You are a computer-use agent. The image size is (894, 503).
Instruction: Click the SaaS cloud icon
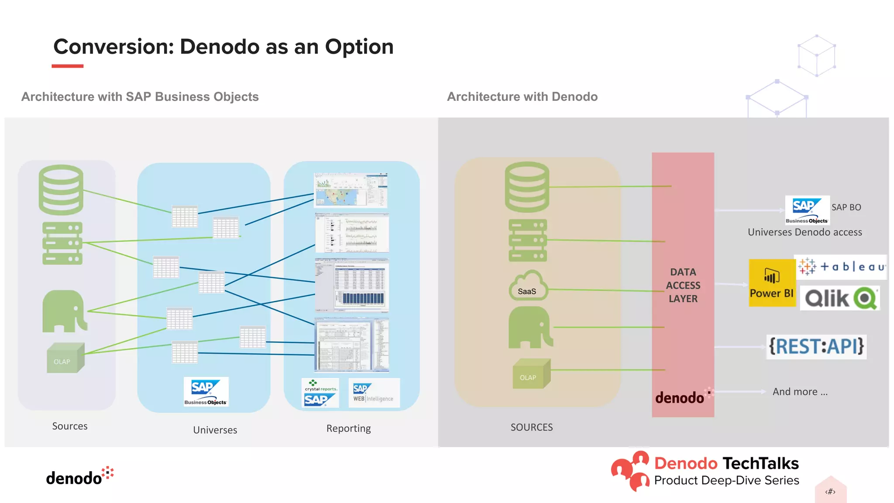point(528,286)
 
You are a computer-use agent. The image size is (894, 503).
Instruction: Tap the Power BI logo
point(772,283)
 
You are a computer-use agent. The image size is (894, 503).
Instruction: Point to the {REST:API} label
point(816,347)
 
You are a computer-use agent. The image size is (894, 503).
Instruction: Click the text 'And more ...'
point(800,392)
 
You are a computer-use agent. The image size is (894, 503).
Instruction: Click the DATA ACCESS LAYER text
point(683,285)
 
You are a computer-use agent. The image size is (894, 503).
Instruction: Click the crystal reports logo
point(320,393)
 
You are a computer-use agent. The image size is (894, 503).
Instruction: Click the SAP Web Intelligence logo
point(374,393)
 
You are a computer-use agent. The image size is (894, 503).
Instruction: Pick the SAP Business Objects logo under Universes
point(206,392)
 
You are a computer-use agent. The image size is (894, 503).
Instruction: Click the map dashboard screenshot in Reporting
point(351,190)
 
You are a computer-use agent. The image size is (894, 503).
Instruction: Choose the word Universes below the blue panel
point(215,430)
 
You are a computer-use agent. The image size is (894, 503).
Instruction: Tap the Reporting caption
point(348,428)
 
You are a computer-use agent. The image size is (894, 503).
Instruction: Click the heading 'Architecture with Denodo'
point(522,96)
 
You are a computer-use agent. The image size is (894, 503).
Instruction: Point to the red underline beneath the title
point(67,66)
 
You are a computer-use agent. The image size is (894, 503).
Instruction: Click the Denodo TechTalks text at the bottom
point(726,463)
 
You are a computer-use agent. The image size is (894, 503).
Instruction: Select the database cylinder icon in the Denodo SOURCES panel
point(527,187)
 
